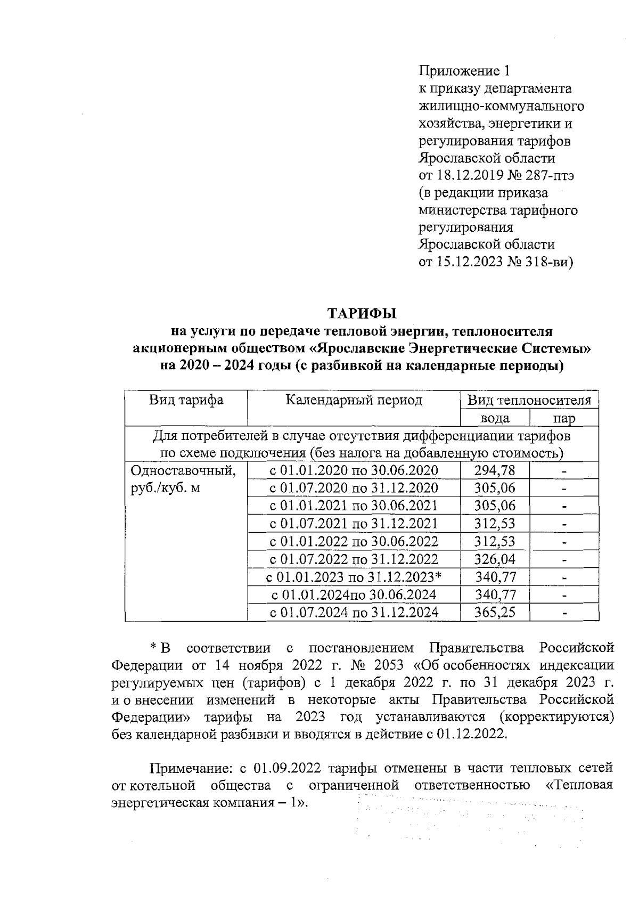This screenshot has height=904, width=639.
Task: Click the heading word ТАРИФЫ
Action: tap(362, 313)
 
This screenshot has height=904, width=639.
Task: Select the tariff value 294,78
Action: tap(495, 470)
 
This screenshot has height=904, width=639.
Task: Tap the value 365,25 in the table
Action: tap(495, 612)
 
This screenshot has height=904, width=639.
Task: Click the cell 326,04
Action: tap(495, 559)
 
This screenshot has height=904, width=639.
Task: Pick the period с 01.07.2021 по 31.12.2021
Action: tap(354, 523)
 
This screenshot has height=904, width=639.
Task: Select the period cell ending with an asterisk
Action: tap(354, 577)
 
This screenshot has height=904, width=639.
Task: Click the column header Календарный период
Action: tap(354, 400)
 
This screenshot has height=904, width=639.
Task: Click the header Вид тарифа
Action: tap(186, 400)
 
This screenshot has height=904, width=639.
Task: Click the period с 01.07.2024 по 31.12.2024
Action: tap(354, 612)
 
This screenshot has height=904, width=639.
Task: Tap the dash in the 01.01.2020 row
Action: tap(564, 471)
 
